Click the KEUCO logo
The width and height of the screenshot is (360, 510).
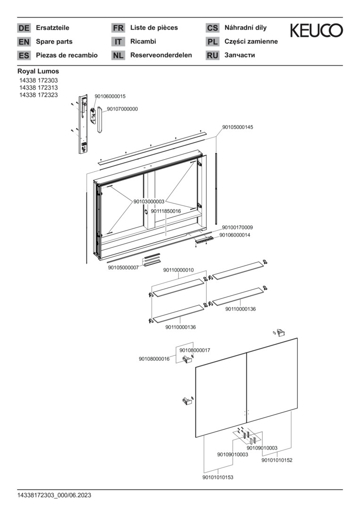click(x=316, y=31)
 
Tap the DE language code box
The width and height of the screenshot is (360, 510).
click(x=24, y=28)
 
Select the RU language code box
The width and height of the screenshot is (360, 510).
click(x=212, y=55)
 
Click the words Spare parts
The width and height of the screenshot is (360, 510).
click(x=54, y=42)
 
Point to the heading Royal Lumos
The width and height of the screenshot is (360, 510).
click(x=38, y=71)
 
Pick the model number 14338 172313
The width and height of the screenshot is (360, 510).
click(x=38, y=88)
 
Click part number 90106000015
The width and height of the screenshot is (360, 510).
click(x=110, y=96)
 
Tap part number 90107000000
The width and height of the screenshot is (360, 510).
click(x=122, y=109)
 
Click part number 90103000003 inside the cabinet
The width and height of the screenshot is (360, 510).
click(x=149, y=202)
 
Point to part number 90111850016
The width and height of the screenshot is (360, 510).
click(x=166, y=211)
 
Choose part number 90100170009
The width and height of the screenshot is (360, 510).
click(x=237, y=227)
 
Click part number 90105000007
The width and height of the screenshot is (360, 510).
click(x=123, y=268)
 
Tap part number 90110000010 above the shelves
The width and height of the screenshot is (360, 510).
click(x=178, y=270)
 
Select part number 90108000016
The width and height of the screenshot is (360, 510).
click(x=154, y=359)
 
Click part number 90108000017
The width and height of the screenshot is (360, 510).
click(x=194, y=350)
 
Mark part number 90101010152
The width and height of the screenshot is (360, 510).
click(x=276, y=460)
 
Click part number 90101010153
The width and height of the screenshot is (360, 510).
click(x=218, y=477)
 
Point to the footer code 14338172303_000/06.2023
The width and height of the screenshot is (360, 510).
click(x=54, y=495)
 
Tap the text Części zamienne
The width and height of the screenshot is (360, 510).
click(x=251, y=42)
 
